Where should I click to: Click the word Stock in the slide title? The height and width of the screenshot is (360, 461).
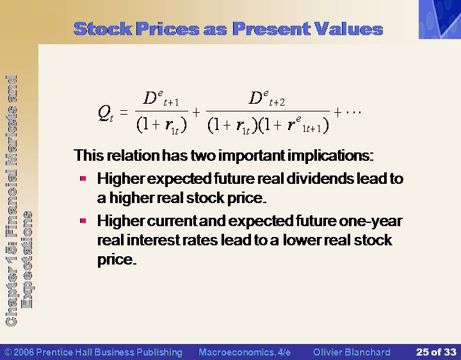tap(103, 29)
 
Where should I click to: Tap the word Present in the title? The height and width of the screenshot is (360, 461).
tap(271, 29)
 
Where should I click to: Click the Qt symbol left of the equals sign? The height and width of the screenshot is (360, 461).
tap(106, 113)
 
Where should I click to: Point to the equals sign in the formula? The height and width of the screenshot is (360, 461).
tap(124, 112)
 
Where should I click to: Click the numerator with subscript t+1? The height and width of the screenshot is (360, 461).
tap(161, 98)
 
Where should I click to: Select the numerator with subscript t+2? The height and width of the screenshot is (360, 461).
tap(267, 98)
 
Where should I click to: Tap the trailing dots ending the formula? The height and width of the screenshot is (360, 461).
tap(353, 112)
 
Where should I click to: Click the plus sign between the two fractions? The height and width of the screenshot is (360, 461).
tap(196, 112)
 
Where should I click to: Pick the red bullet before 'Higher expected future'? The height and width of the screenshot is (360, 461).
tap(83, 178)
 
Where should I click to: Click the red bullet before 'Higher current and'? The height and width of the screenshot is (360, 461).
tap(83, 220)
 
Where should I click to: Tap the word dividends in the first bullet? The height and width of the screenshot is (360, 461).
tap(319, 179)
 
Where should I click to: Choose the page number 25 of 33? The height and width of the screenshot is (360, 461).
tap(436, 352)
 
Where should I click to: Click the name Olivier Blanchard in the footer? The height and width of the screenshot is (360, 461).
tap(352, 352)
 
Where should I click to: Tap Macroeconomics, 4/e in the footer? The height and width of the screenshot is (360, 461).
tap(245, 352)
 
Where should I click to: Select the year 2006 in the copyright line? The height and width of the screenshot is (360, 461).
tap(24, 352)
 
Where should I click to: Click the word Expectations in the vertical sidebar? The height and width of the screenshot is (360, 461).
tap(27, 259)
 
